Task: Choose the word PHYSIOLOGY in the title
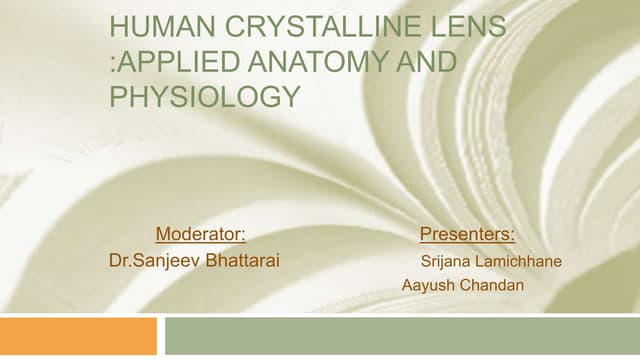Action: pyautogui.click(x=205, y=97)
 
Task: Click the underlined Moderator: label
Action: pyautogui.click(x=201, y=235)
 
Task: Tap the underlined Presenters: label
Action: pyautogui.click(x=467, y=235)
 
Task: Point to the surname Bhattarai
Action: pyautogui.click(x=242, y=261)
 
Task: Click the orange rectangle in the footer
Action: pyautogui.click(x=78, y=336)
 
